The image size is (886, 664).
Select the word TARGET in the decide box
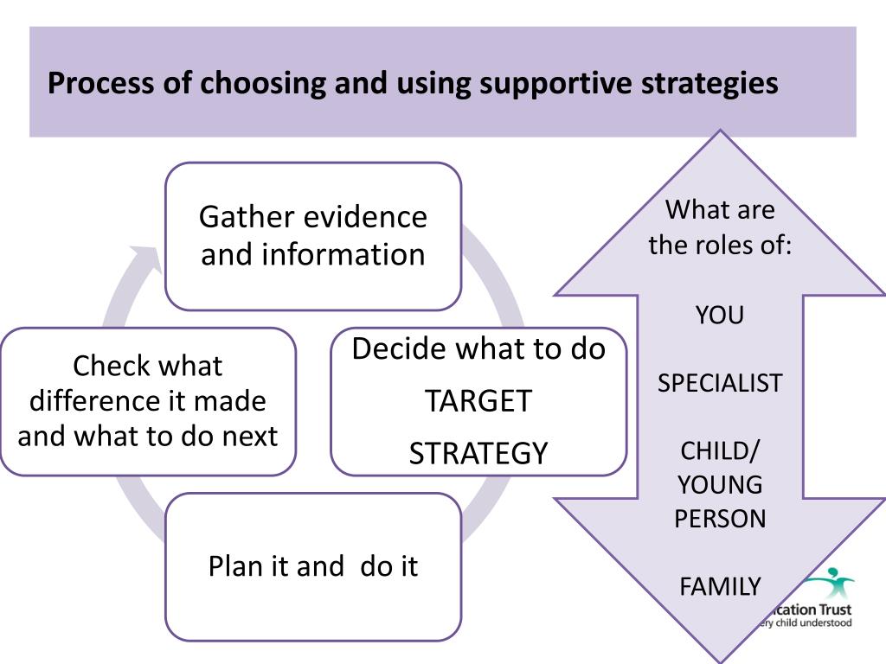(478, 401)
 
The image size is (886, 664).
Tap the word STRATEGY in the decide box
(478, 453)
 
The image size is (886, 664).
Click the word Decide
(401, 349)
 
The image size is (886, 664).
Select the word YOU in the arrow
(720, 316)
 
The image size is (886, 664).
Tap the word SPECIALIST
(720, 383)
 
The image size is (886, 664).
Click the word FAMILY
(720, 587)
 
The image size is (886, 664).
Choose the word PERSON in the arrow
(720, 519)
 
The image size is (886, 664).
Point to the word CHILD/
(720, 451)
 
